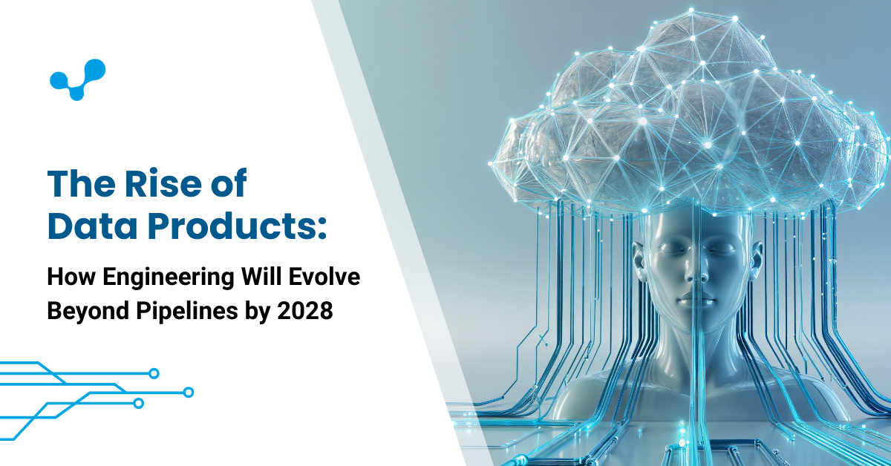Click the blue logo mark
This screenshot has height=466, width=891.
77,79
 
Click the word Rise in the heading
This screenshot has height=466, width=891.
148,185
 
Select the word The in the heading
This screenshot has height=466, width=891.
74,185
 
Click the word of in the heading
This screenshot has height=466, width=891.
227,185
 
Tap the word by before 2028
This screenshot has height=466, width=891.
255,312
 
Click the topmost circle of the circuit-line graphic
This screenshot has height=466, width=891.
154,373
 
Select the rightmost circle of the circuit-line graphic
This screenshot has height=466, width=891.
189,392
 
